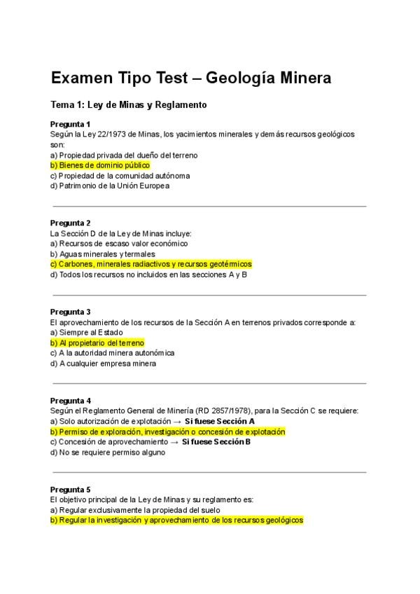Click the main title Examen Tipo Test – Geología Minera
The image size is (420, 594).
pyautogui.click(x=190, y=78)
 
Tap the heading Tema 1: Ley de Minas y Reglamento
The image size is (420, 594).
pyautogui.click(x=129, y=105)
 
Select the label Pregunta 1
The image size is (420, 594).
pyautogui.click(x=71, y=124)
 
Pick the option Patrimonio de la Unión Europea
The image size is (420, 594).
pyautogui.click(x=110, y=186)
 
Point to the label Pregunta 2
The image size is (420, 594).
pyautogui.click(x=71, y=223)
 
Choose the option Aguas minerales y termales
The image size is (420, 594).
pyautogui.click(x=103, y=254)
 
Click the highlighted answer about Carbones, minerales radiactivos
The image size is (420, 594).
pyautogui.click(x=150, y=264)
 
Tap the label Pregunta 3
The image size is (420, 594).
pyautogui.click(x=71, y=312)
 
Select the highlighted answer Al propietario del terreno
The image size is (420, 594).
pyautogui.click(x=97, y=343)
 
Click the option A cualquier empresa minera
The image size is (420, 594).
pyautogui.click(x=103, y=364)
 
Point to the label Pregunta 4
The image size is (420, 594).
pyautogui.click(x=71, y=401)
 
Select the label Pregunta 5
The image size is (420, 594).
pyautogui.click(x=71, y=489)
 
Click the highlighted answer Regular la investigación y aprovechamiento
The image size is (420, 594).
pyautogui.click(x=176, y=520)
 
